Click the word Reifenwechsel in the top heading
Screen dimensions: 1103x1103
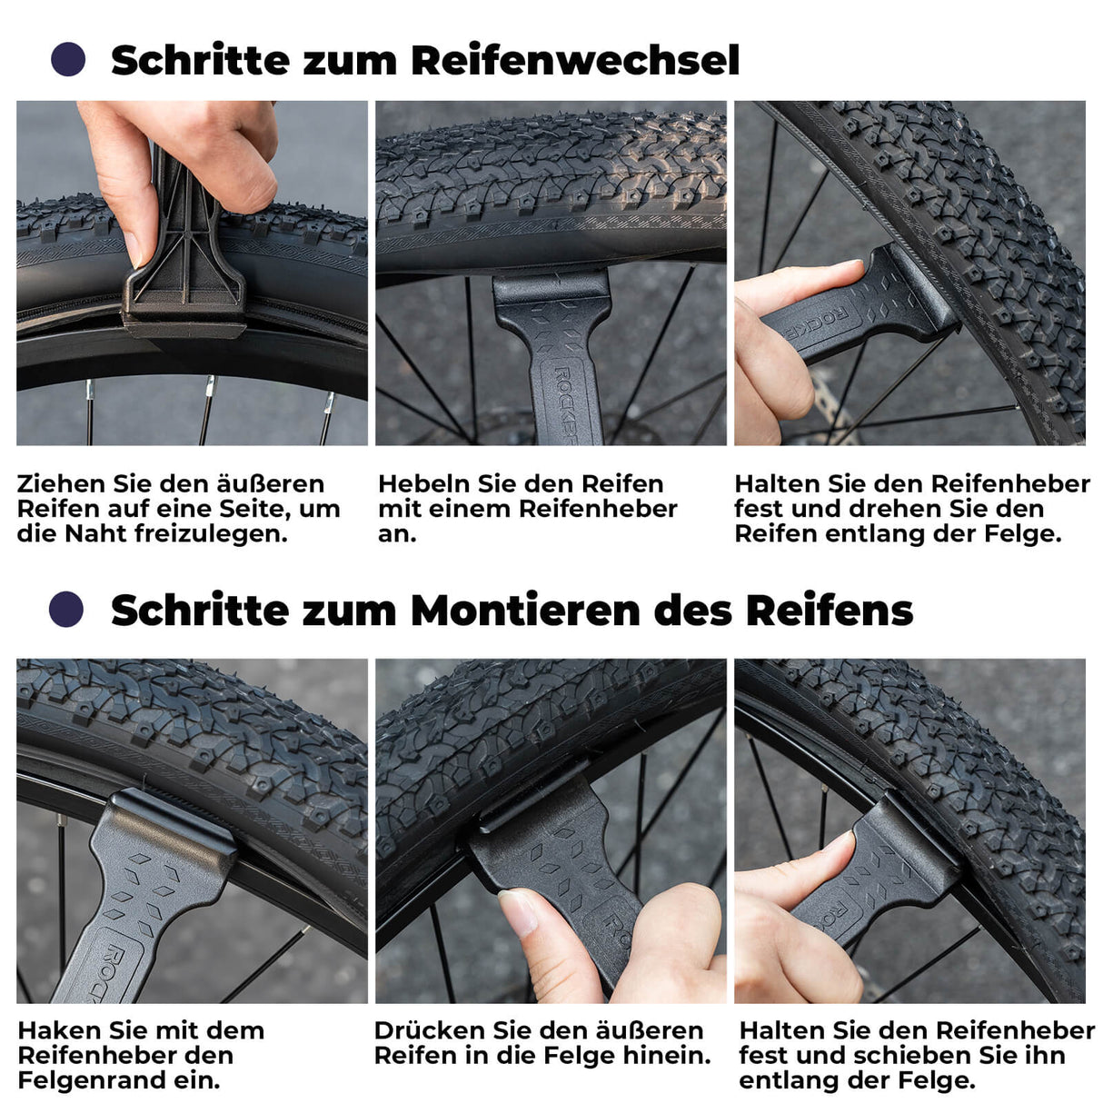click(575, 61)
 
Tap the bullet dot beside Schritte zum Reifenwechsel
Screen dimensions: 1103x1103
click(68, 60)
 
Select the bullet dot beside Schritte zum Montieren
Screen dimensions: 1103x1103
click(66, 609)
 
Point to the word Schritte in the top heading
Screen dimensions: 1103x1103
click(199, 61)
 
